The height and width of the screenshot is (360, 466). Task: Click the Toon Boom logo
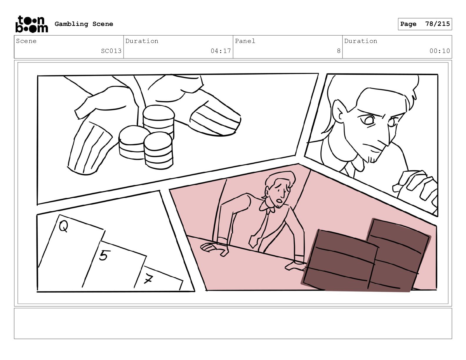(x=32, y=24)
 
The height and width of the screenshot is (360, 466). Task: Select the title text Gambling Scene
(x=84, y=24)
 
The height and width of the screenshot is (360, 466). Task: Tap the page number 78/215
(x=437, y=24)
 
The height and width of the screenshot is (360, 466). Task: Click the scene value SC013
(x=111, y=51)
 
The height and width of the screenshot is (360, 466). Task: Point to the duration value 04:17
(x=221, y=51)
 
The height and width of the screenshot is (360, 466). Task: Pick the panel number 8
(x=339, y=51)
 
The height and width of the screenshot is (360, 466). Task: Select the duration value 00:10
(x=440, y=51)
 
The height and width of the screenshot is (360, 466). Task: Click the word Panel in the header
(x=245, y=41)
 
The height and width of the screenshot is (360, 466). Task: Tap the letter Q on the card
(x=64, y=226)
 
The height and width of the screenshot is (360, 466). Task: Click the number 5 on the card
(x=103, y=255)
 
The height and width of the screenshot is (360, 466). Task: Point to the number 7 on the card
(x=148, y=279)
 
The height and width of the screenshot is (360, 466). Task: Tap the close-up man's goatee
(x=373, y=159)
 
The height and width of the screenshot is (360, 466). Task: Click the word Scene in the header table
(x=26, y=41)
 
